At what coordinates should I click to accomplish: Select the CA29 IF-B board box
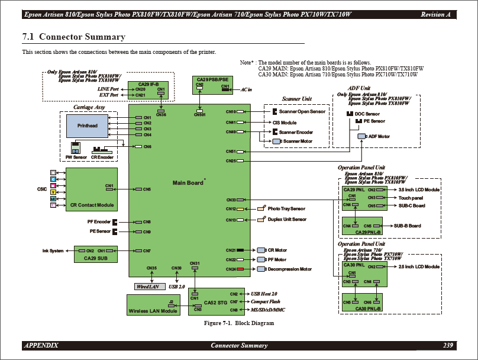148,90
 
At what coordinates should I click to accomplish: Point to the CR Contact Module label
92,205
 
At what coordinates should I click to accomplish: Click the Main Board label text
188,182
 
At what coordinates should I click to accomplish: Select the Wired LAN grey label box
148,287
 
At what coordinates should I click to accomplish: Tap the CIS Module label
285,123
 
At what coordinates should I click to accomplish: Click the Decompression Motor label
289,269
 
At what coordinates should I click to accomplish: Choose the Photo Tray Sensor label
286,209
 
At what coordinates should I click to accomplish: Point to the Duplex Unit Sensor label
287,220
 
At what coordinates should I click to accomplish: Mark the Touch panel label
411,198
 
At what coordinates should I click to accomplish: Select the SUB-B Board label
408,226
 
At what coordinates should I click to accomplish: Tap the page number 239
448,345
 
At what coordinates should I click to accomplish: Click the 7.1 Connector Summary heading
74,37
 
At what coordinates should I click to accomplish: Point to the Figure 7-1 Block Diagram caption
239,323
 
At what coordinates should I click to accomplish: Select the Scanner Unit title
296,99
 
